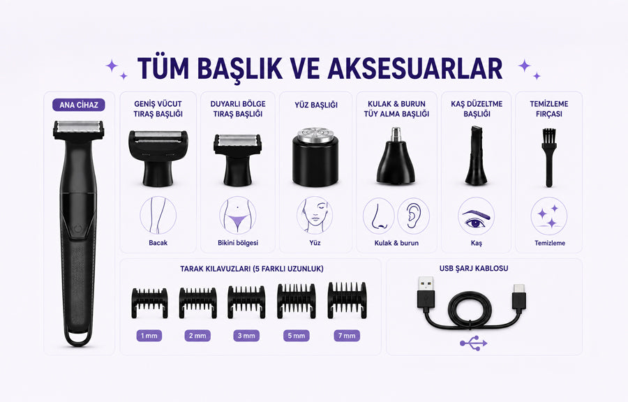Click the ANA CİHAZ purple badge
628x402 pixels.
click(x=78, y=105)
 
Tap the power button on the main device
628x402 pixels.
click(x=77, y=230)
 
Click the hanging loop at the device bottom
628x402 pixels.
click(x=78, y=338)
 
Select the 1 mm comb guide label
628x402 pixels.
click(x=149, y=336)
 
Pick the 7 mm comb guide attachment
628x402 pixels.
click(x=347, y=300)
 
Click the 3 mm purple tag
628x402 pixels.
click(x=246, y=336)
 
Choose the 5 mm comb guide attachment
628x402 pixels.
click(x=297, y=301)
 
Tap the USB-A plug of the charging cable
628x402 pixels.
click(x=426, y=292)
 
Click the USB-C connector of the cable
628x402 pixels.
click(x=518, y=297)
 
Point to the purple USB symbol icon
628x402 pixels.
click(x=473, y=343)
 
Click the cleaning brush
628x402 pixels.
click(x=548, y=157)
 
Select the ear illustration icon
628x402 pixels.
click(x=413, y=216)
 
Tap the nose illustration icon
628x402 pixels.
click(x=379, y=216)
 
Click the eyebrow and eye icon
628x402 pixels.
click(x=476, y=216)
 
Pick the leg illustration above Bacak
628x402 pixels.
click(x=158, y=216)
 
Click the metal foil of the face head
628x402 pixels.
click(x=315, y=134)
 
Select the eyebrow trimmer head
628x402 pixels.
click(x=476, y=156)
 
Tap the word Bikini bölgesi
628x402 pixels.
click(x=238, y=243)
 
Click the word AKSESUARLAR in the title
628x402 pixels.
click(x=415, y=68)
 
